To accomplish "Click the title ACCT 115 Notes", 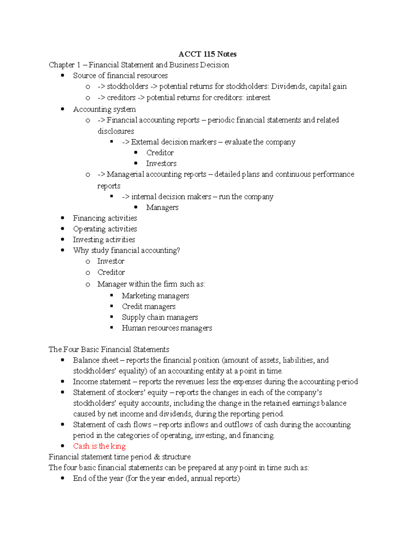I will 207,54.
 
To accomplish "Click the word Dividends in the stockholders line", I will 288,86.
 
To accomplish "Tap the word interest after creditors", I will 258,98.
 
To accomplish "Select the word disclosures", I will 116,131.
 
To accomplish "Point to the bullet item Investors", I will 161,164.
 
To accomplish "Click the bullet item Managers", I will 162,207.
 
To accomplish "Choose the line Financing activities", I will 105,218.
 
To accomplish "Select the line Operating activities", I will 105,229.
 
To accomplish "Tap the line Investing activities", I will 104,240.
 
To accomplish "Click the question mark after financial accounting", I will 178,250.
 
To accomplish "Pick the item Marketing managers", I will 155,296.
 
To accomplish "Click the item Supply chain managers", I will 160,317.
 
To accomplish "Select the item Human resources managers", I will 167,328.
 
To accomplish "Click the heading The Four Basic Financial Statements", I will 109,350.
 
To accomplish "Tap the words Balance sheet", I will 95,360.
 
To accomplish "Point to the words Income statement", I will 102,382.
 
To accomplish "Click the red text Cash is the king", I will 99,446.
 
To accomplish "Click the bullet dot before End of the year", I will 63,479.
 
